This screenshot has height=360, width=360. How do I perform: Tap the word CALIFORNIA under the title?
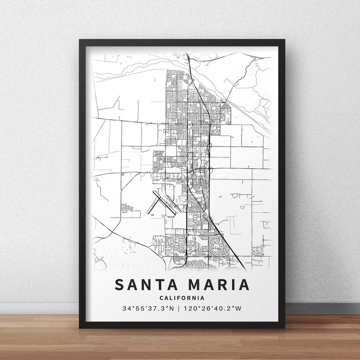click(182, 298)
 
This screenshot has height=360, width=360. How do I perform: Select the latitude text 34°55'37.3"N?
click(147, 309)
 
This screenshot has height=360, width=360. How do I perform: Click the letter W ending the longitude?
click(239, 309)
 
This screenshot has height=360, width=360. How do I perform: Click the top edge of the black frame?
click(182, 42)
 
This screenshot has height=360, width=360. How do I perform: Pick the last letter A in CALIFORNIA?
click(202, 298)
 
